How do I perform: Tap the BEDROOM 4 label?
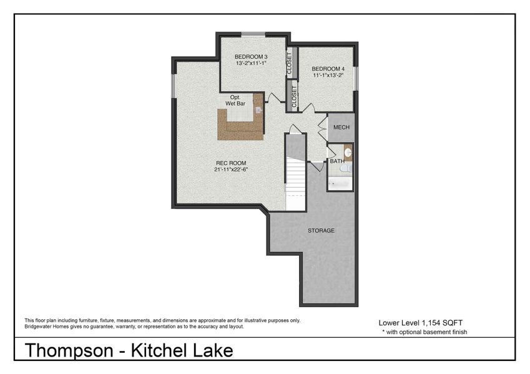click(328, 69)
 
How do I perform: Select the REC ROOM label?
click(225, 163)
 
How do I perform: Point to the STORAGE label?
click(321, 231)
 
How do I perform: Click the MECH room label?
click(341, 127)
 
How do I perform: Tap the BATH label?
click(336, 161)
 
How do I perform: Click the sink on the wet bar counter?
click(258, 110)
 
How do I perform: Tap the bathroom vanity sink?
click(348, 151)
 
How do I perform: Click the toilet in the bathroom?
click(349, 168)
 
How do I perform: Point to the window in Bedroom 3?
click(252, 34)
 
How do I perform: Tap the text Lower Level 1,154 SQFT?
click(420, 322)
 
